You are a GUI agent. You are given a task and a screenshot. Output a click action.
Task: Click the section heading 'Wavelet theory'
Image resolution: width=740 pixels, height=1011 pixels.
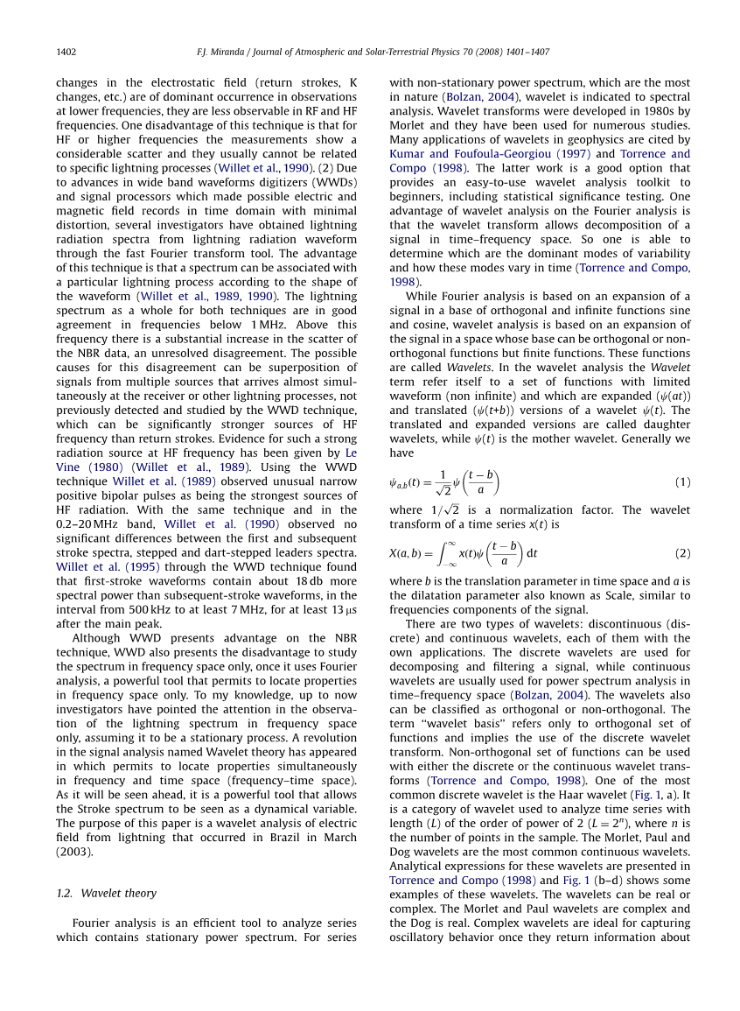click(x=118, y=894)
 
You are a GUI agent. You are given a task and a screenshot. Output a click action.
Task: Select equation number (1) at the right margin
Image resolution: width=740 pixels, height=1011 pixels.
click(x=683, y=482)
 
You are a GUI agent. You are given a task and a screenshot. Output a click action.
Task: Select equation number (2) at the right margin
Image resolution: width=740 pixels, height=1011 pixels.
click(x=683, y=553)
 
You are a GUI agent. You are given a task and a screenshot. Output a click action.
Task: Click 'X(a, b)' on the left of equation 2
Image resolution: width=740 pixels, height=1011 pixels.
click(x=408, y=554)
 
